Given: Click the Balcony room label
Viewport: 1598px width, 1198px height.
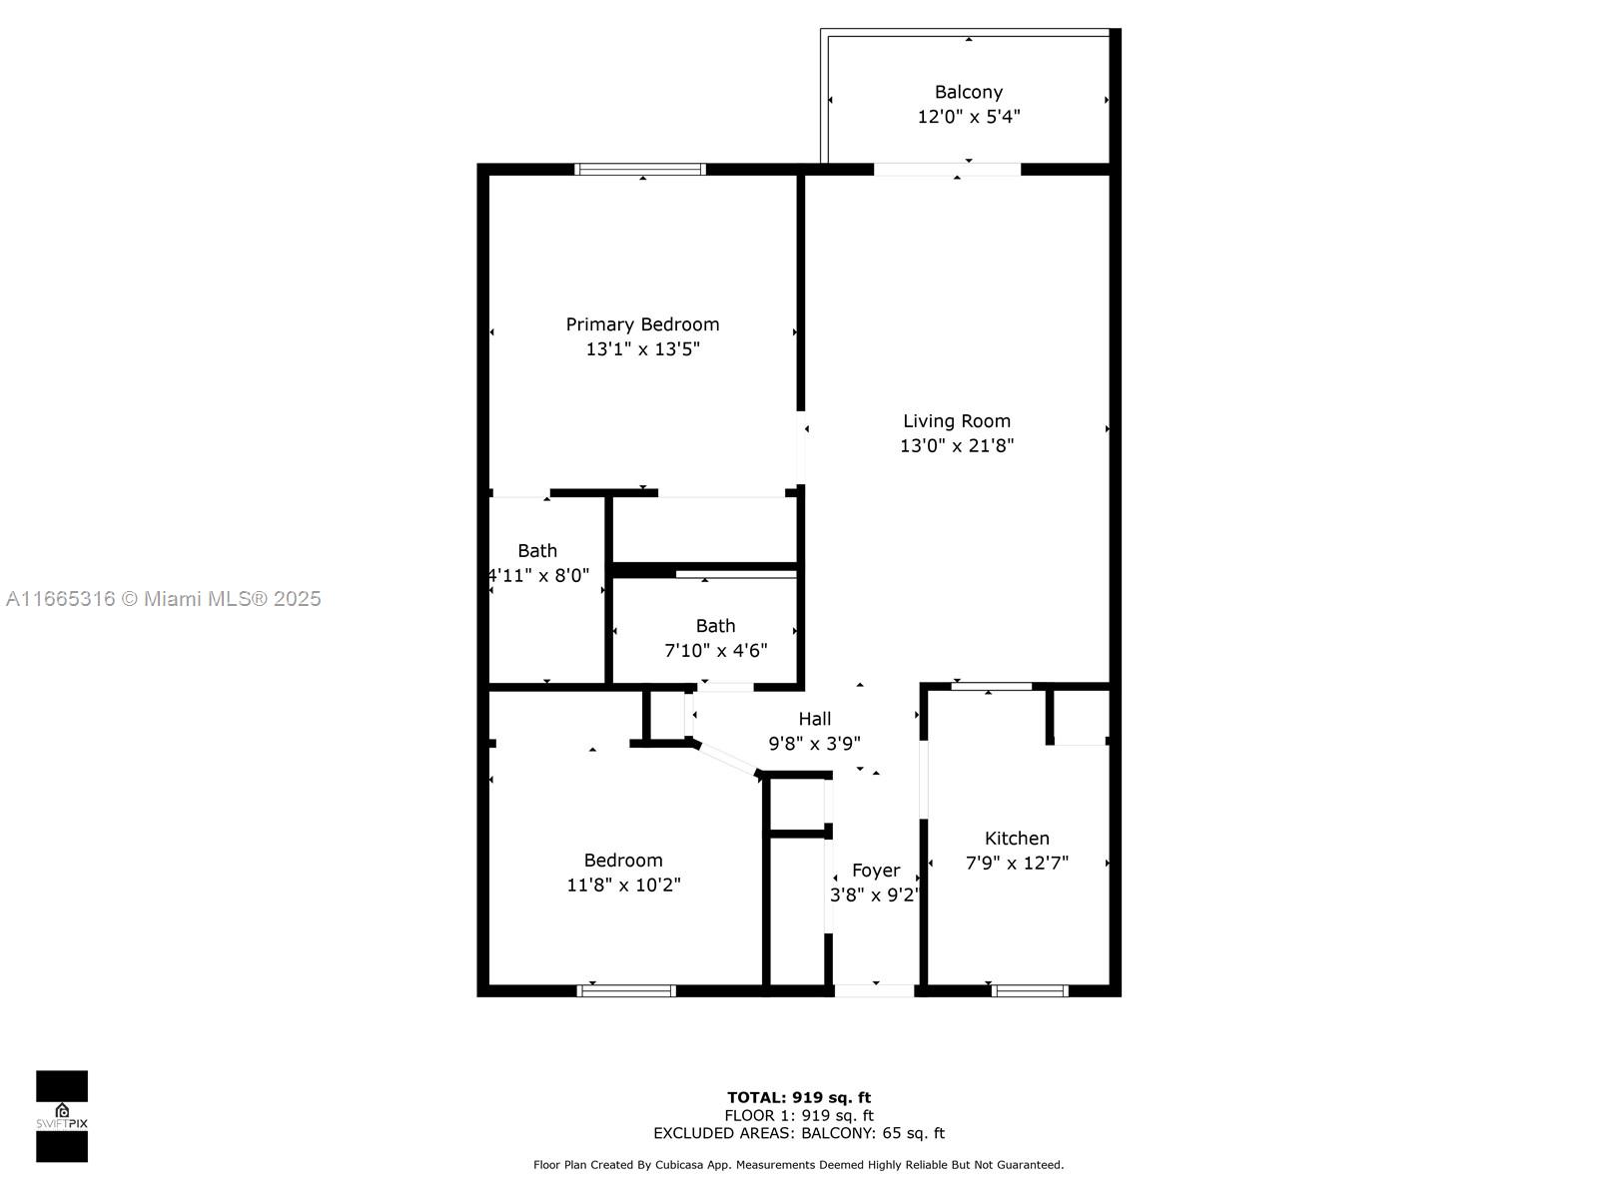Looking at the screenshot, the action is coord(968,93).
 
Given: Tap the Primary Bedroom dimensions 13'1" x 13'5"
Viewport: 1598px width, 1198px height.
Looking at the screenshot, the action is coord(642,349).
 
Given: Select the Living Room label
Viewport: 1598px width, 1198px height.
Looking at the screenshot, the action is coord(957,421).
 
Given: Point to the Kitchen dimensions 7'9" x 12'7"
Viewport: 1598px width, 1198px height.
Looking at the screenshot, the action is coord(1017,863).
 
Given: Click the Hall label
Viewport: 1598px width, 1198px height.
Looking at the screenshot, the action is coord(814,719).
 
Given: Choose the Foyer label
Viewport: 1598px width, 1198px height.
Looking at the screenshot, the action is coord(876,871).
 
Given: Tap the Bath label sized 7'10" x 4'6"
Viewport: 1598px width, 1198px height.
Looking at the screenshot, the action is coord(715,626).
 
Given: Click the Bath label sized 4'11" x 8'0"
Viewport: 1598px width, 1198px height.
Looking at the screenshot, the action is coord(537,551).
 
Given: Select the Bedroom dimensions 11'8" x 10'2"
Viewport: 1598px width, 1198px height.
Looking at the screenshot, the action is coord(623,886).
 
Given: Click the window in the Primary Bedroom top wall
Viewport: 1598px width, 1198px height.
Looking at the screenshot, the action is coord(640,170).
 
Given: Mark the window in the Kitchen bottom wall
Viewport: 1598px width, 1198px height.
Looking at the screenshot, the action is coord(1030,990).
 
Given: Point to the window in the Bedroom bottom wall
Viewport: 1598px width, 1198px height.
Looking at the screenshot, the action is coord(626,990).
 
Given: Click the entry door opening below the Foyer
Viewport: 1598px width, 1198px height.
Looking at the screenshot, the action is coord(874,990).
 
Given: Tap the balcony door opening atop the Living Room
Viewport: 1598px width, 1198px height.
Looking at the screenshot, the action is coord(947,170).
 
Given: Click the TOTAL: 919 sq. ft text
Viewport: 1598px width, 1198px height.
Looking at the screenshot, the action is coord(799,1097).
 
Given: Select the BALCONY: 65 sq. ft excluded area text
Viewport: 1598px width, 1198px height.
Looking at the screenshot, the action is coord(873,1133).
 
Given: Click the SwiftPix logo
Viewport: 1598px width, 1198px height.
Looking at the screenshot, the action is coord(62,1116).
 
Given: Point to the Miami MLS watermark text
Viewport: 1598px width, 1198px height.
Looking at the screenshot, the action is coord(163,599).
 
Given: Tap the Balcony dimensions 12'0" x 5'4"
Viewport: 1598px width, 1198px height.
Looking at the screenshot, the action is coord(968,117).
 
